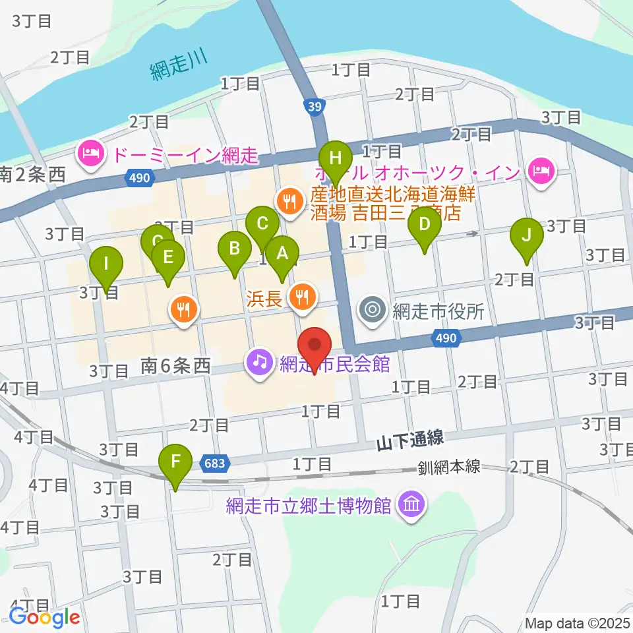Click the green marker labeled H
[x=336, y=159]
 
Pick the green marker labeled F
[x=175, y=461]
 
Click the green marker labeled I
[x=107, y=264]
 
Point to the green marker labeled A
[x=282, y=253]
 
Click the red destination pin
[x=315, y=345]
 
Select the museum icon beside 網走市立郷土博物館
[x=412, y=506]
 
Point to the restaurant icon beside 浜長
[x=301, y=299]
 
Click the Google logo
[x=44, y=617]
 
